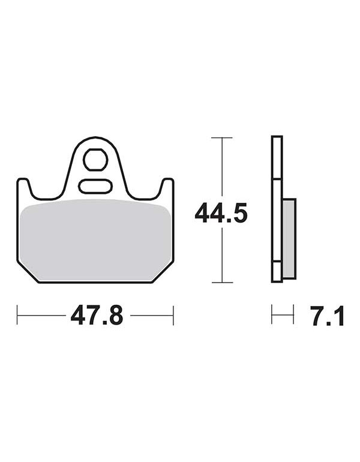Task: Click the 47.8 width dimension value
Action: click(x=97, y=315)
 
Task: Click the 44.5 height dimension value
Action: click(x=221, y=213)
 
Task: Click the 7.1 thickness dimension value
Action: click(x=328, y=316)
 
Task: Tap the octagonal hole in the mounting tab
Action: click(x=95, y=160)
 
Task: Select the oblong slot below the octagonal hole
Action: click(x=95, y=186)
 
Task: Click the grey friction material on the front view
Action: click(x=95, y=240)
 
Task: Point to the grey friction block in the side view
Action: click(x=289, y=239)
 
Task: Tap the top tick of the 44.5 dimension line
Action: click(x=222, y=137)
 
